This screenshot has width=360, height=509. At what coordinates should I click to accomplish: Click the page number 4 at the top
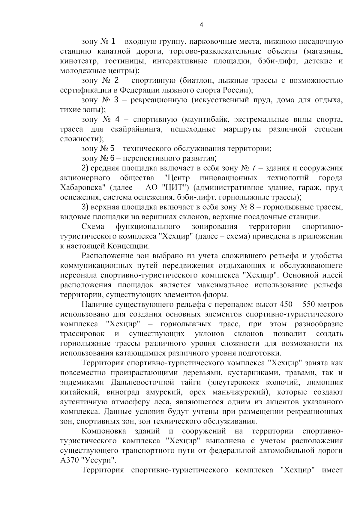[x=201, y=25]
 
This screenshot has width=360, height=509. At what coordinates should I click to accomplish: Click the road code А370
[x=69, y=460]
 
